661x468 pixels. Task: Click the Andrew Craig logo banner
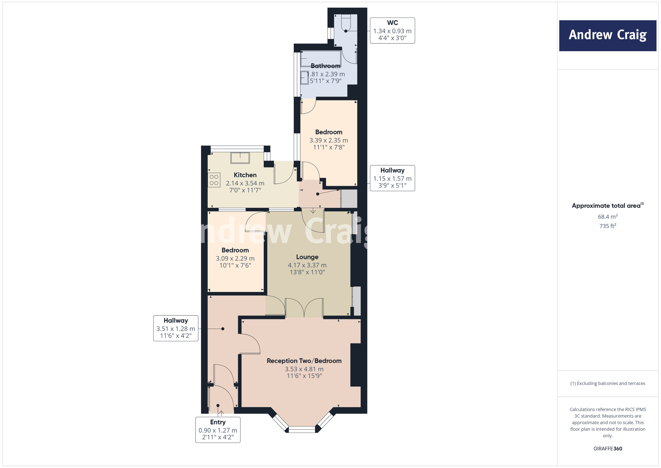pyautogui.click(x=608, y=35)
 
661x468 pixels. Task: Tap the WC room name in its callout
pyautogui.click(x=392, y=23)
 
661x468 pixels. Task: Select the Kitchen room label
pyautogui.click(x=245, y=175)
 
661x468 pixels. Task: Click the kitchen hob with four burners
pyautogui.click(x=214, y=180)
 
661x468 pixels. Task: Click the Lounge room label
pyautogui.click(x=307, y=257)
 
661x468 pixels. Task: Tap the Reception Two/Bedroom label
pyautogui.click(x=304, y=361)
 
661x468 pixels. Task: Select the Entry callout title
pyautogui.click(x=218, y=422)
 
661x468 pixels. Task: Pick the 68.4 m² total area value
pyautogui.click(x=608, y=216)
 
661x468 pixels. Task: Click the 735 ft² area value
pyautogui.click(x=608, y=226)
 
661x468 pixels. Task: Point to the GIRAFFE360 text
pyautogui.click(x=608, y=448)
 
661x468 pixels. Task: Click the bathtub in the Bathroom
pyautogui.click(x=320, y=59)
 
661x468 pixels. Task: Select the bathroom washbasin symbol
pyautogui.click(x=304, y=78)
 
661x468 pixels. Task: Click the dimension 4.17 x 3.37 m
pyautogui.click(x=307, y=265)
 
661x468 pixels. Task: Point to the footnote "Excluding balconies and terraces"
pyautogui.click(x=608, y=383)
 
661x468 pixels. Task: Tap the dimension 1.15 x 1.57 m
pyautogui.click(x=392, y=178)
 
